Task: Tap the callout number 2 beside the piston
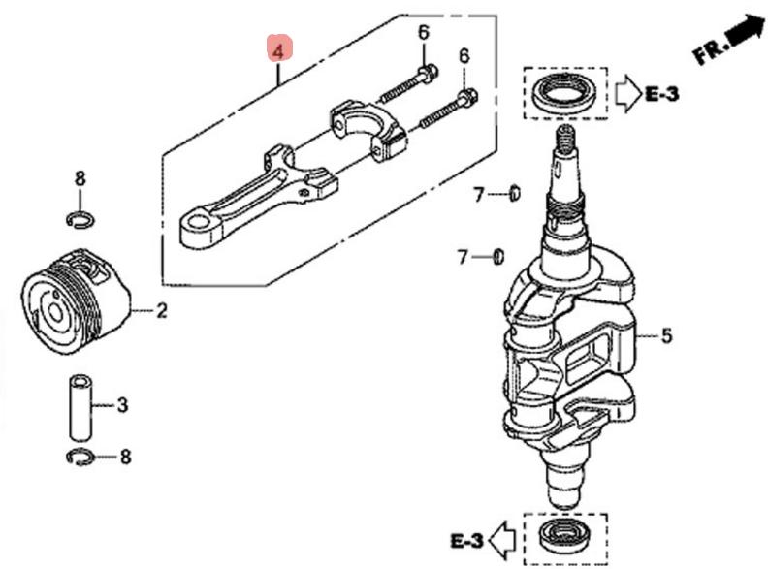pyautogui.click(x=161, y=311)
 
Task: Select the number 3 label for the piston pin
pyautogui.click(x=122, y=404)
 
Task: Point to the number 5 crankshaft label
pyautogui.click(x=666, y=336)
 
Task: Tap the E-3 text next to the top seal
pyautogui.click(x=662, y=93)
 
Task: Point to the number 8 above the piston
pyautogui.click(x=80, y=178)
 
